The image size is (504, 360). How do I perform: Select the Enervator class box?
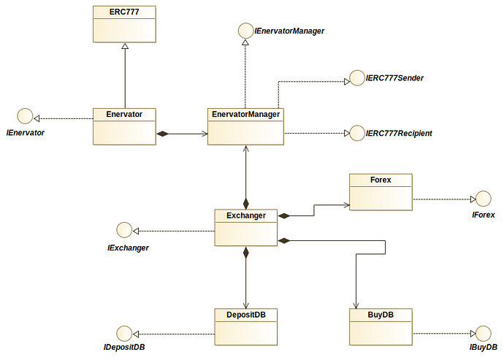[124, 126]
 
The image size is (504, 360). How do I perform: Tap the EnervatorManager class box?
[245, 126]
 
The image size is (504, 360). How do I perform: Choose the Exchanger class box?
[245, 227]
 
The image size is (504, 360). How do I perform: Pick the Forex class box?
[381, 192]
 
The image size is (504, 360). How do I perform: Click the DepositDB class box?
[245, 326]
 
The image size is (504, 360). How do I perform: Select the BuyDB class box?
[381, 326]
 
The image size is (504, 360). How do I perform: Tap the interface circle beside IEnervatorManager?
[245, 31]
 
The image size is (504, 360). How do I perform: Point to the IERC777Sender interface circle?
[356, 77]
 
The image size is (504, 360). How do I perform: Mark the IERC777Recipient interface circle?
[356, 133]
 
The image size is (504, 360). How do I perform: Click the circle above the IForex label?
[483, 198]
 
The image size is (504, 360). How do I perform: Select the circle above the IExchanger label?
[125, 230]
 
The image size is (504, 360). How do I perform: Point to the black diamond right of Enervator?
[163, 134]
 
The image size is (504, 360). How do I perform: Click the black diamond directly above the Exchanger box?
[246, 202]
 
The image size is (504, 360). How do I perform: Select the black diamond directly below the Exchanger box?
[246, 253]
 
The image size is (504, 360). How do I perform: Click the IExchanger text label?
[129, 248]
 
